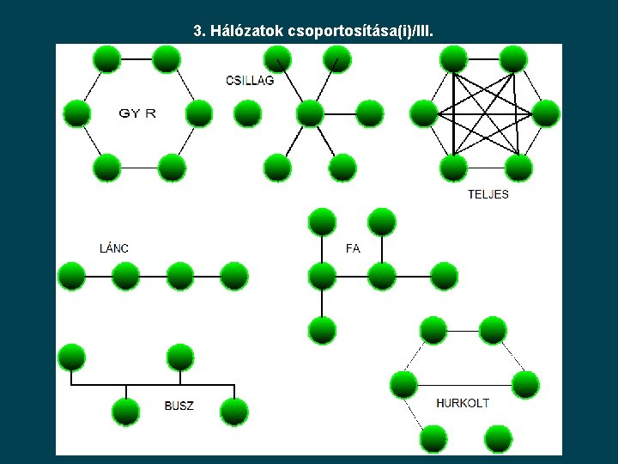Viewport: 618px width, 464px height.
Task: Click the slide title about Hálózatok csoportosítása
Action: point(313,32)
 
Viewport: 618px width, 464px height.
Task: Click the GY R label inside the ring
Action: point(137,113)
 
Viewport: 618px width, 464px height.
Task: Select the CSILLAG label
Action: point(250,80)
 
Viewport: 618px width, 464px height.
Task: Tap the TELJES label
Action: point(488,194)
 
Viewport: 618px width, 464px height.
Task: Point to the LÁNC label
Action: point(114,248)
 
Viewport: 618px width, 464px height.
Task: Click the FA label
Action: point(353,248)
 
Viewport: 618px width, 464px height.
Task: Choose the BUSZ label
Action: point(179,406)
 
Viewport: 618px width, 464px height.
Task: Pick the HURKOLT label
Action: point(463,403)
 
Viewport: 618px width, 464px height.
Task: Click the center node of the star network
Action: point(309,113)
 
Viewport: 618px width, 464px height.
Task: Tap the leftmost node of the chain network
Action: point(71,277)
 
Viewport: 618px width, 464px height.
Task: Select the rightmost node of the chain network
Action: point(233,277)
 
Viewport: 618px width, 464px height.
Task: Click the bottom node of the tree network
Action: point(322,330)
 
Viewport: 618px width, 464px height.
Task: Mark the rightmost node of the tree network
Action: point(444,277)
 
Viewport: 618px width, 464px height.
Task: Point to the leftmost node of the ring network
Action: point(76,113)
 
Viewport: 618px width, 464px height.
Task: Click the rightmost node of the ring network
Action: point(198,113)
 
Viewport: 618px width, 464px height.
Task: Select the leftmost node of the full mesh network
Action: point(423,113)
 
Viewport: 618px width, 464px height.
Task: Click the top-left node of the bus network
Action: point(71,357)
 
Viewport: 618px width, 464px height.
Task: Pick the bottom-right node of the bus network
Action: point(233,412)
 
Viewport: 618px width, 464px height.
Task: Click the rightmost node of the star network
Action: point(369,113)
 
